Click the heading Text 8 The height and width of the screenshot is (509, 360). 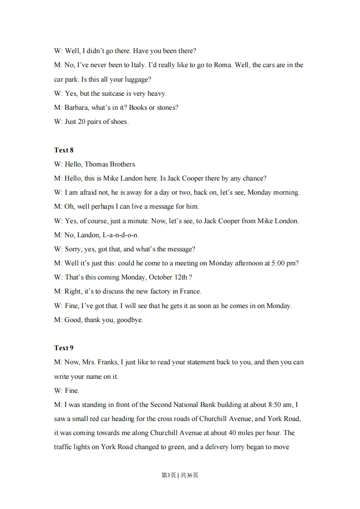pos(64,150)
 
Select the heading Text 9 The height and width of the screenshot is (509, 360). pos(64,348)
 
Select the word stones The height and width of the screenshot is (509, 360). pos(168,108)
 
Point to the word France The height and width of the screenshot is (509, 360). pos(190,291)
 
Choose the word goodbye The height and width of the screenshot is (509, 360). pos(130,320)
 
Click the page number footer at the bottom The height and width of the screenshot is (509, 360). pos(180,475)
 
